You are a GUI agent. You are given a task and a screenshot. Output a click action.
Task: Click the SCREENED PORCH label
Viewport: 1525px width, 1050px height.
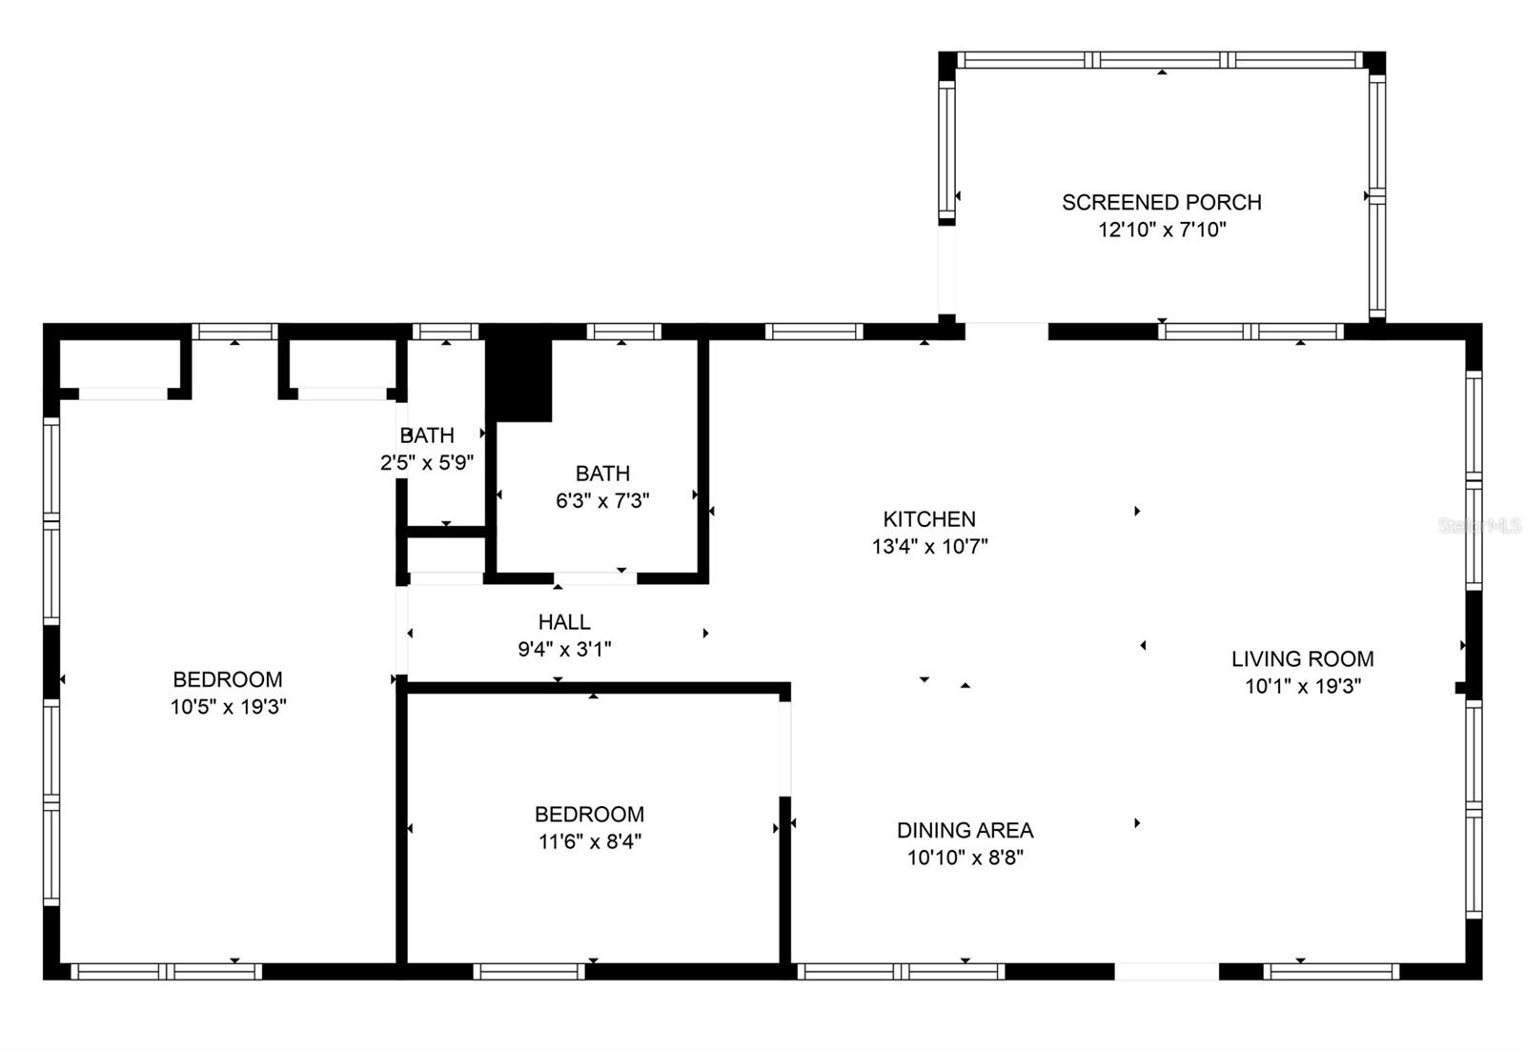click(1161, 202)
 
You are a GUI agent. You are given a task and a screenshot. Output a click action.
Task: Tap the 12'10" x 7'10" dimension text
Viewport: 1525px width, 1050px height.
click(1161, 230)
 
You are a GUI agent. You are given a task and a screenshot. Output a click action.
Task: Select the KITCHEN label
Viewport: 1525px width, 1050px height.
click(929, 519)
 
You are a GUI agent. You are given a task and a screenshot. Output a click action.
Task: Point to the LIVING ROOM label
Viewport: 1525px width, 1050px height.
click(1302, 658)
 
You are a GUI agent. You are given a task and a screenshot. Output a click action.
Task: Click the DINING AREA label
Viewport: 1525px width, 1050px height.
click(965, 830)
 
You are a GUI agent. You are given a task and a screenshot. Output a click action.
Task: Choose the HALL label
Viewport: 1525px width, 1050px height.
click(564, 622)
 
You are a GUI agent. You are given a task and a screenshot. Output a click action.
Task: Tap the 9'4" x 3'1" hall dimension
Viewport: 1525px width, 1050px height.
click(564, 650)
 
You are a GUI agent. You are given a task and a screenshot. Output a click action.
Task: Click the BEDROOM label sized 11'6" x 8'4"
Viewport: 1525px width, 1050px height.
click(589, 815)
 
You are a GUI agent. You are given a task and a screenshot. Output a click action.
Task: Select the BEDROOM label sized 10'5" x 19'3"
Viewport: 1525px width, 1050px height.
click(227, 679)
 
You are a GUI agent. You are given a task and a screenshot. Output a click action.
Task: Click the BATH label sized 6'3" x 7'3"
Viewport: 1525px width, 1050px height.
click(602, 474)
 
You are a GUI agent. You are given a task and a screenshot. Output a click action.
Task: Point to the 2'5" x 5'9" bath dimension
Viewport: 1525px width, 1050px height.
click(426, 463)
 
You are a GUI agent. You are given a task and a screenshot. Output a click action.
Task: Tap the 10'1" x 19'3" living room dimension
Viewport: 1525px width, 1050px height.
click(1302, 686)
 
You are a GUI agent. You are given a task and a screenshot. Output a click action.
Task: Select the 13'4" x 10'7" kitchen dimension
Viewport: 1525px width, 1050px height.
click(929, 547)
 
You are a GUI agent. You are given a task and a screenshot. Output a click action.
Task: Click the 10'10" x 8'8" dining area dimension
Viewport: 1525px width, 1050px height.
click(965, 858)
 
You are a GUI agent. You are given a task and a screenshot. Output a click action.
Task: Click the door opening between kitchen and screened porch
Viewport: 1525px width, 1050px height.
click(1006, 331)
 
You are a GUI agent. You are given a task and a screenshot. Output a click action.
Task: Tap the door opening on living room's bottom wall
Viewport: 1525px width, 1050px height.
click(1166, 971)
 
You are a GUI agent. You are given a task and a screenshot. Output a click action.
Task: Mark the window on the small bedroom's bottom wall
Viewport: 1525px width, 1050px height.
click(529, 971)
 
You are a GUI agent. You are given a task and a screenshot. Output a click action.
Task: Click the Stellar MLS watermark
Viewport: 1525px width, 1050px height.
click(1478, 525)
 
